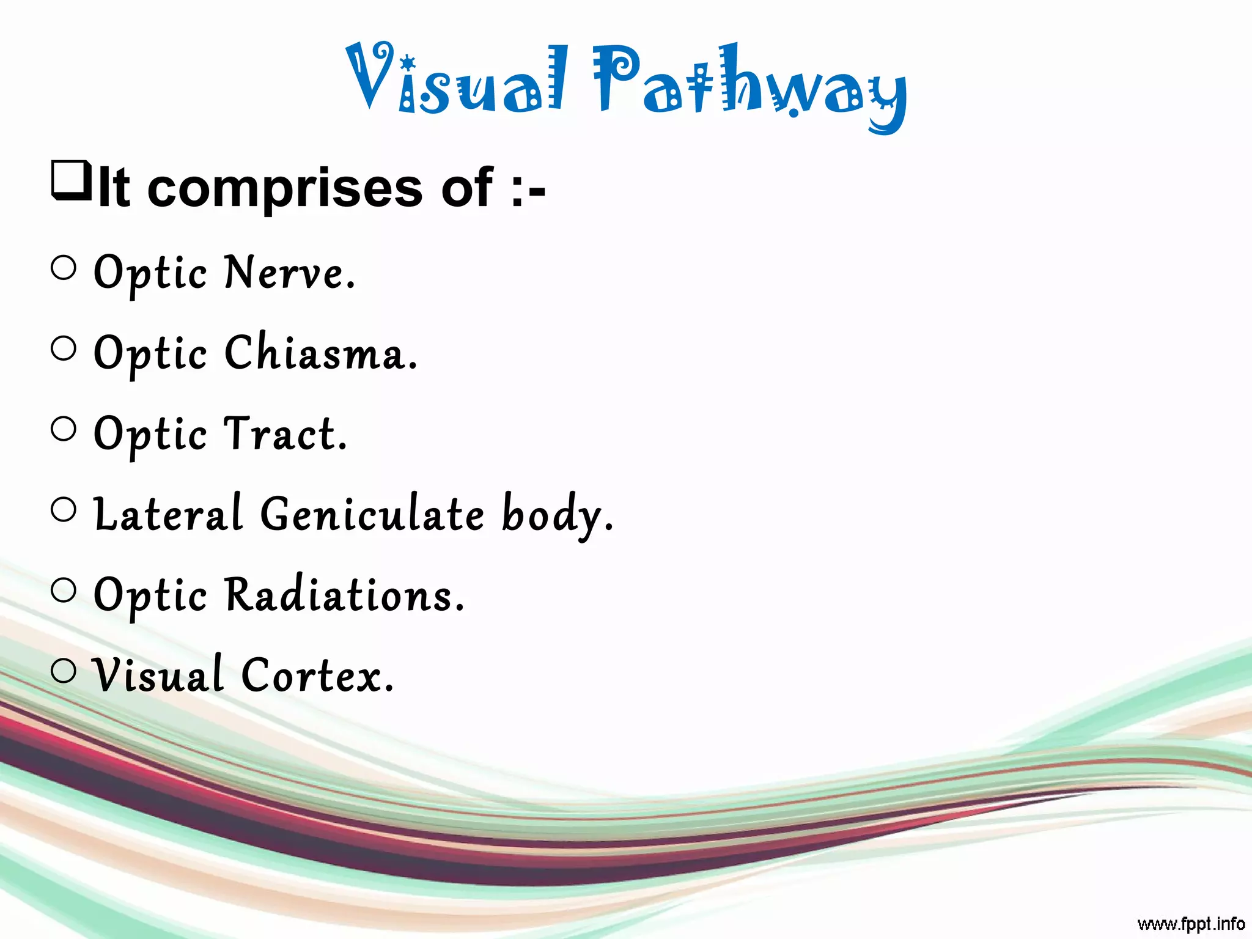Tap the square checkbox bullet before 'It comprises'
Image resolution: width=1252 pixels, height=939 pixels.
[x=71, y=180]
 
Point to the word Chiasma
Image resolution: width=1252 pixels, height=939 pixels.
[x=321, y=354]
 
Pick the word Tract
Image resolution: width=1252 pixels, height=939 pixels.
[x=286, y=435]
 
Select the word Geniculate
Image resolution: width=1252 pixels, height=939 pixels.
[x=373, y=515]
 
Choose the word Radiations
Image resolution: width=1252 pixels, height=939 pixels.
[x=345, y=595]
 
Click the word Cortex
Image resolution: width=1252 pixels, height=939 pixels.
[x=317, y=676]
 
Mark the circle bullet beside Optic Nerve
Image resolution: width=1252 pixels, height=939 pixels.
[x=64, y=268]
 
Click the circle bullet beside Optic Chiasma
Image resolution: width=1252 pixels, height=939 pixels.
[x=64, y=348]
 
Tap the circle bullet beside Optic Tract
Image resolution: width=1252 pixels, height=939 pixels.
[x=64, y=429]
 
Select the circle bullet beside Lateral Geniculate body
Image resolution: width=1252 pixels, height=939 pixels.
[x=64, y=510]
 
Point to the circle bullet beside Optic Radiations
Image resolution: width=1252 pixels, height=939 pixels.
[x=64, y=591]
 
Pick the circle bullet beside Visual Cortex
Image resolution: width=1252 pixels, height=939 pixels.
[x=64, y=671]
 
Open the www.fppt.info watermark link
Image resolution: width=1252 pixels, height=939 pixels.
[x=1191, y=923]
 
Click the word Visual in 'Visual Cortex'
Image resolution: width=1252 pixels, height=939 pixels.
[x=158, y=676]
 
